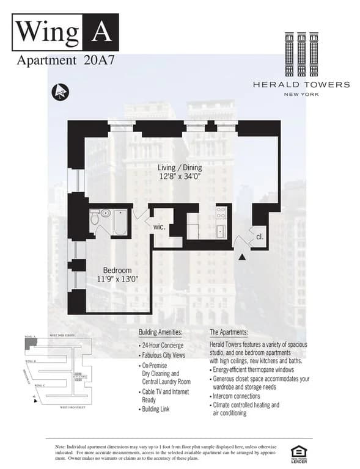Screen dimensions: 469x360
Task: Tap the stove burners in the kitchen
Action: pyautogui.click(x=221, y=213)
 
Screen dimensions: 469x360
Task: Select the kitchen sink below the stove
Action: pyautogui.click(x=221, y=231)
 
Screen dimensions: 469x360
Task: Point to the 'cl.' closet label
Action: pyautogui.click(x=259, y=236)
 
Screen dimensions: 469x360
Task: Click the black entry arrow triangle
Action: pyautogui.click(x=243, y=257)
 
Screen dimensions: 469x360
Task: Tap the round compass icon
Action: pyautogui.click(x=61, y=92)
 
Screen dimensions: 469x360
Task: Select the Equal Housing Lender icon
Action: pyautogui.click(x=299, y=453)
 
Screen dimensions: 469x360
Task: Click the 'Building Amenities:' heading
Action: pyautogui.click(x=161, y=332)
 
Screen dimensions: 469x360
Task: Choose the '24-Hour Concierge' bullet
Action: pyautogui.click(x=163, y=346)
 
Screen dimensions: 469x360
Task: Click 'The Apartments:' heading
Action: pyautogui.click(x=229, y=332)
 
